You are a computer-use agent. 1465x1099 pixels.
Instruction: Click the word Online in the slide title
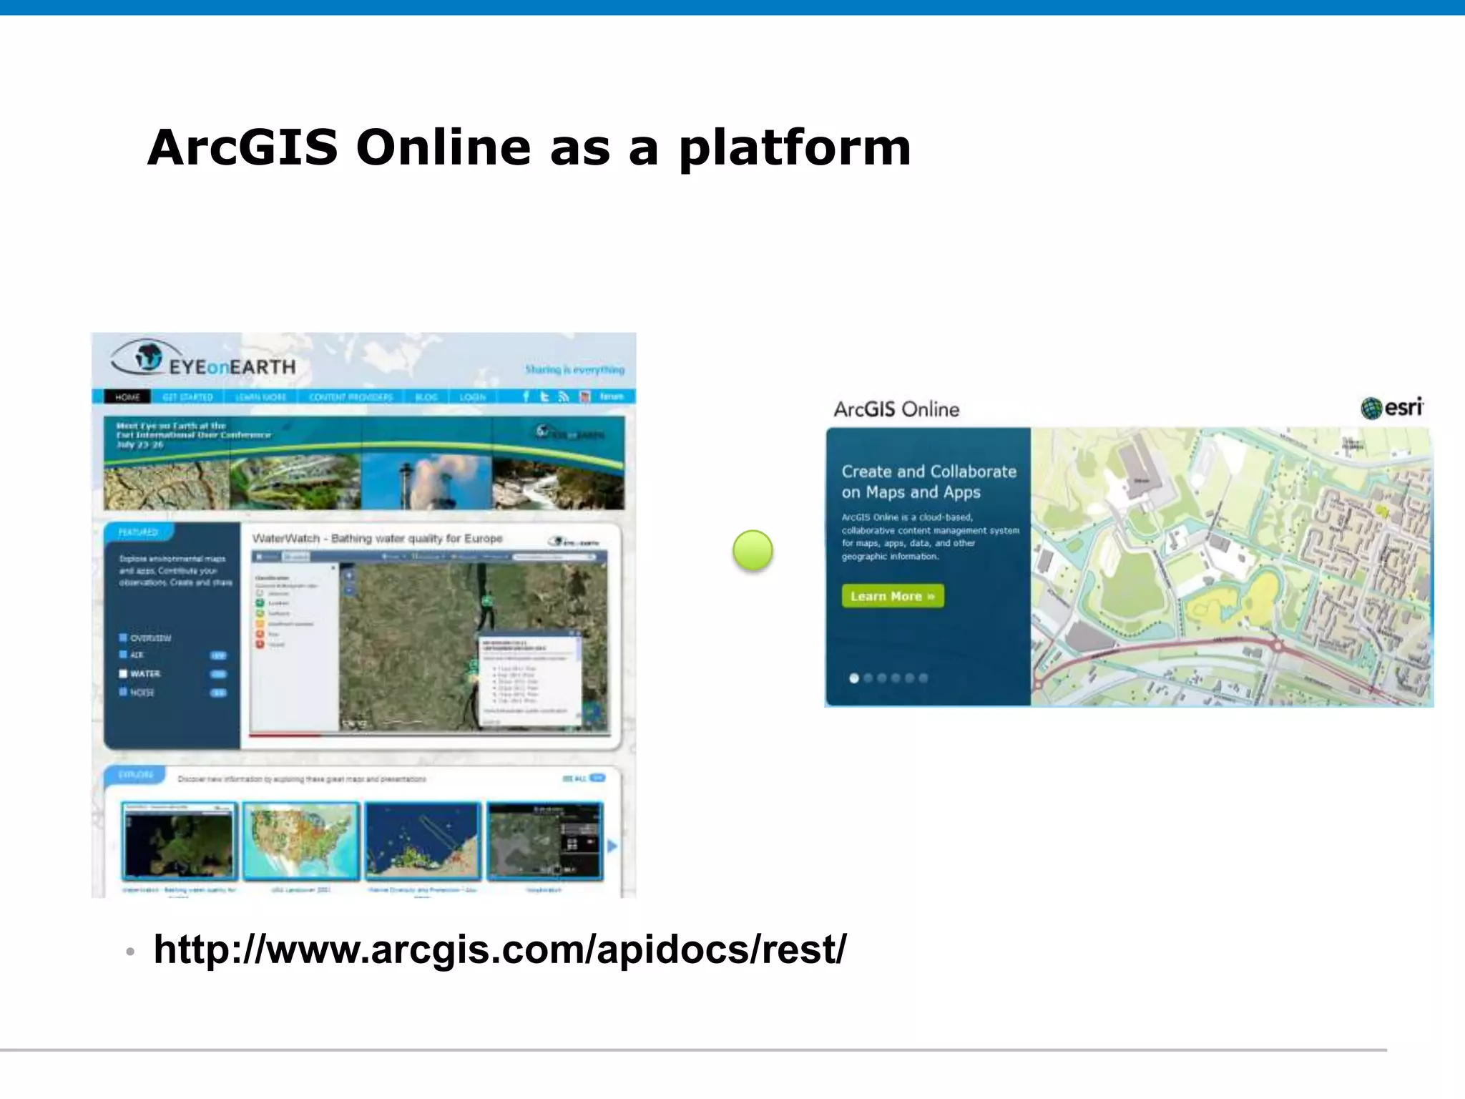tap(444, 147)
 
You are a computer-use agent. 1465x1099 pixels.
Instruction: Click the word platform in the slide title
tap(795, 149)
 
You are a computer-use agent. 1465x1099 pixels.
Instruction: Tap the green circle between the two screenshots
tap(753, 550)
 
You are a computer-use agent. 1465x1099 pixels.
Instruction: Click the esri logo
tap(1391, 408)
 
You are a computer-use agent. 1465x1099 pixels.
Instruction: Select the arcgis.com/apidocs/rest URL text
tap(499, 949)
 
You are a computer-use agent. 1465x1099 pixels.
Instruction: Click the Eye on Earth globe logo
tap(147, 356)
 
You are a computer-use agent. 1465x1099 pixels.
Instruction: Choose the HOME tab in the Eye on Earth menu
tap(127, 397)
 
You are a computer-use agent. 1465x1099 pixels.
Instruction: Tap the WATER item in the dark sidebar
tap(144, 674)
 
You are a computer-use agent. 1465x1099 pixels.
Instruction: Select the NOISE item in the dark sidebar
tap(142, 693)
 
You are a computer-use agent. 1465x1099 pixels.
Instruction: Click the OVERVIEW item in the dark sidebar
tap(150, 638)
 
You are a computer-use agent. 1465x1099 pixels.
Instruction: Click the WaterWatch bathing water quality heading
tap(377, 538)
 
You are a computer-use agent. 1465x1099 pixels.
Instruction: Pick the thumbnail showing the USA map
tap(300, 841)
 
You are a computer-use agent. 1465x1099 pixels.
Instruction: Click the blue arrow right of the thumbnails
tap(612, 846)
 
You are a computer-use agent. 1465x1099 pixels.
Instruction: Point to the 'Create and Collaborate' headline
tap(929, 482)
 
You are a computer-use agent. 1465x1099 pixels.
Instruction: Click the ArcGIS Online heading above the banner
tap(896, 409)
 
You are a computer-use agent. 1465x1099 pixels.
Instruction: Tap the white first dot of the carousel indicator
tap(853, 678)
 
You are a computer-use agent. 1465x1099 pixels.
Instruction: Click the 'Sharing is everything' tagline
tap(574, 370)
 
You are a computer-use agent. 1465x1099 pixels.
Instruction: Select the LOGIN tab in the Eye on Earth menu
tap(472, 397)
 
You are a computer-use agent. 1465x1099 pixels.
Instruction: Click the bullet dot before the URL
tap(130, 952)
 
